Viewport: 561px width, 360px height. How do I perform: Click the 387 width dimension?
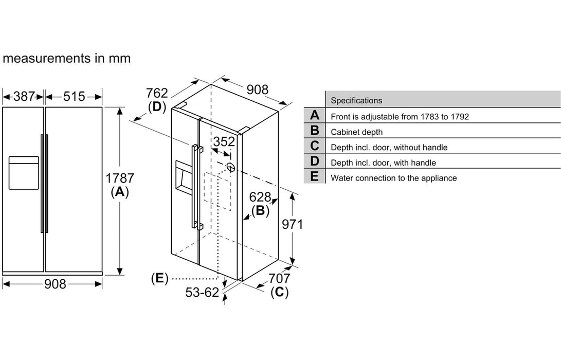pos(24,96)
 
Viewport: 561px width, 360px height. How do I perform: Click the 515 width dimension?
pos(75,96)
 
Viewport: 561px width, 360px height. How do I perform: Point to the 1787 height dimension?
pos(120,179)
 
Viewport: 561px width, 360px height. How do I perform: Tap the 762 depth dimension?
pos(157,93)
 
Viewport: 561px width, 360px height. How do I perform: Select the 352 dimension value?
pos(224,142)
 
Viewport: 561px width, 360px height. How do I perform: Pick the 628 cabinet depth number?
pos(260,196)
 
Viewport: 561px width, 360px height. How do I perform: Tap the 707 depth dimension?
pos(279,279)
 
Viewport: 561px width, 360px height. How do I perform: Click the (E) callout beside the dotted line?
pos(160,278)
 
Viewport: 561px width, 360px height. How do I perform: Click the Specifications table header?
pos(356,101)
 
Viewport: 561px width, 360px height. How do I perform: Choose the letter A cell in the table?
pos(315,116)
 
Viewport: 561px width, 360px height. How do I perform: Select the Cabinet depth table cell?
pos(357,132)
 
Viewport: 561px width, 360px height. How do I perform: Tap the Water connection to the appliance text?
pos(393,178)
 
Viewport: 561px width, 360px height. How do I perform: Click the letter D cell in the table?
pos(315,163)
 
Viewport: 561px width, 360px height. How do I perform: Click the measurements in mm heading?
pos(66,58)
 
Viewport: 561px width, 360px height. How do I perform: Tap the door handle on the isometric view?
pos(195,188)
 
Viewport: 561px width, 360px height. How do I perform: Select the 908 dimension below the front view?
pos(54,283)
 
